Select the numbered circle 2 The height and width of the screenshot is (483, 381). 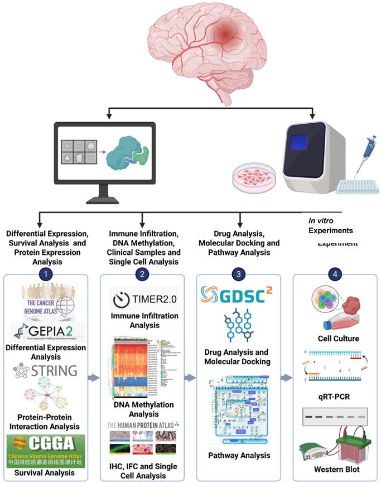(x=144, y=274)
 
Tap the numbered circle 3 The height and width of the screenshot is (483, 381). (x=239, y=274)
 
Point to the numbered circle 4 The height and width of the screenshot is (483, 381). (x=335, y=274)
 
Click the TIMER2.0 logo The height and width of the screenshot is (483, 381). (x=144, y=300)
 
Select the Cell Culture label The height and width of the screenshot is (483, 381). (x=335, y=339)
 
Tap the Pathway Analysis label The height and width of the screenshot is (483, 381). (x=239, y=455)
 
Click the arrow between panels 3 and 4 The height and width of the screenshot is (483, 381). (x=286, y=378)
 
